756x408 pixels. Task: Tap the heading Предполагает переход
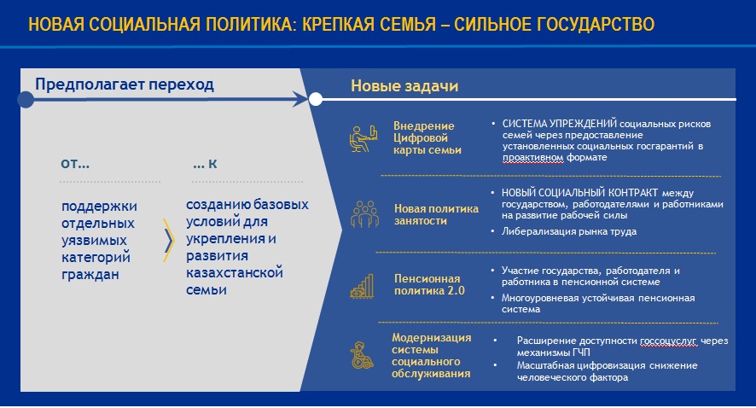pyautogui.click(x=125, y=85)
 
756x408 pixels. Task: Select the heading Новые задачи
pyautogui.click(x=404, y=86)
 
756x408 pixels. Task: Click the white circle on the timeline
pyautogui.click(x=316, y=99)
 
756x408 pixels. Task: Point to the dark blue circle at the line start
pyautogui.click(x=26, y=99)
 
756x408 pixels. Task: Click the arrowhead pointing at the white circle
pyautogui.click(x=300, y=99)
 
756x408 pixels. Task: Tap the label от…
pyautogui.click(x=75, y=164)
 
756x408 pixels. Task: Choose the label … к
pyautogui.click(x=205, y=164)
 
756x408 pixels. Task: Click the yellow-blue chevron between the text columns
pyautogui.click(x=168, y=240)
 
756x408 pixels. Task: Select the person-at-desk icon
pyautogui.click(x=363, y=138)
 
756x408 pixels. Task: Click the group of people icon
pyautogui.click(x=364, y=214)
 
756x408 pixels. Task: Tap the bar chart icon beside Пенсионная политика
pyautogui.click(x=362, y=286)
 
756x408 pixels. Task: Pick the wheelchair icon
pyautogui.click(x=362, y=355)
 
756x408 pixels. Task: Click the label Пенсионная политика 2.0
pyautogui.click(x=429, y=284)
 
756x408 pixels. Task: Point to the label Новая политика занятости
pyautogui.click(x=436, y=214)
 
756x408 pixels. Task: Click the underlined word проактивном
pyautogui.click(x=532, y=157)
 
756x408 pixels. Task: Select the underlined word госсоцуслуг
pyautogui.click(x=668, y=341)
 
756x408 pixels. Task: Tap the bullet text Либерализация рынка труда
pyautogui.click(x=569, y=231)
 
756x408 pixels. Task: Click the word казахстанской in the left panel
pyautogui.click(x=235, y=272)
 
